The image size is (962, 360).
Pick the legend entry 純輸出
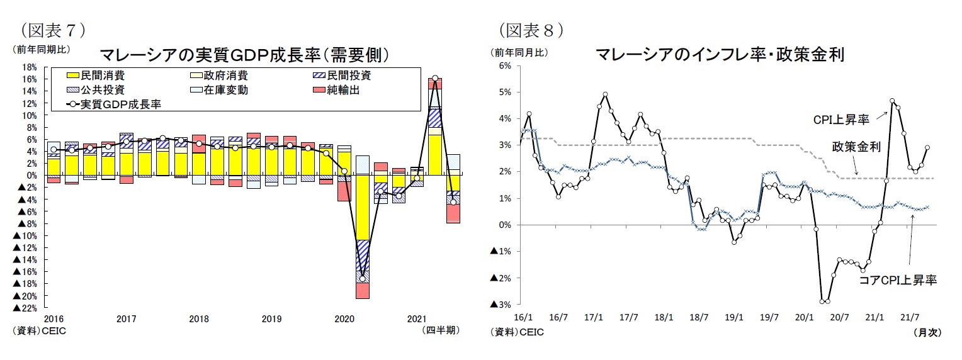[x=342, y=90]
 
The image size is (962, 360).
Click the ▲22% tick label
[x=25, y=308]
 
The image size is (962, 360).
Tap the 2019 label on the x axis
[x=271, y=318]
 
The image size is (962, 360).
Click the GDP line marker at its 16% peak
[x=435, y=79]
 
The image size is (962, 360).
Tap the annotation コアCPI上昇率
[x=898, y=281]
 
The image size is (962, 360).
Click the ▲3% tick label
[x=501, y=305]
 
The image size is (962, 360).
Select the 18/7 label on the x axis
[x=698, y=318]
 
